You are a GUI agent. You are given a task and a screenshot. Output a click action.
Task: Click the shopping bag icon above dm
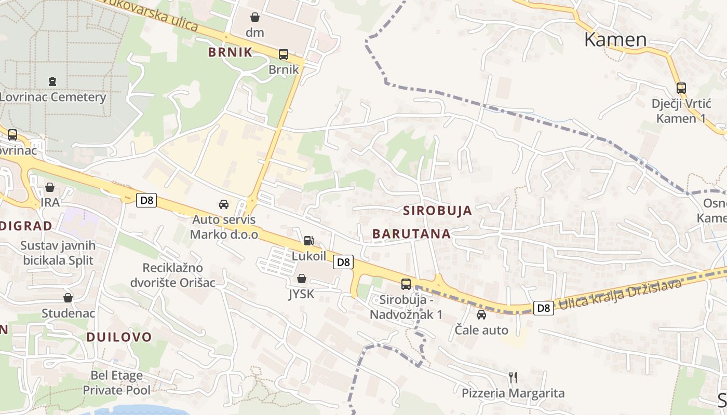point(255,17)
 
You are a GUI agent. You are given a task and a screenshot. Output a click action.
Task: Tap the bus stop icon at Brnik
point(284,54)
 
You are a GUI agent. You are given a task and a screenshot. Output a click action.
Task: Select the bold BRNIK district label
point(230,52)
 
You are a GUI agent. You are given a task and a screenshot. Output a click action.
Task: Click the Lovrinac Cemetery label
point(53,97)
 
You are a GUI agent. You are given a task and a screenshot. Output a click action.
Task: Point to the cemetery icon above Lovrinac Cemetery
point(52,81)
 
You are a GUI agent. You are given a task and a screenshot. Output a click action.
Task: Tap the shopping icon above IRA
point(50,187)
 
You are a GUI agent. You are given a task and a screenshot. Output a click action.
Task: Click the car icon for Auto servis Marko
point(224,204)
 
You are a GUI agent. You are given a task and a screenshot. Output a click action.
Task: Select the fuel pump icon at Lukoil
point(308,240)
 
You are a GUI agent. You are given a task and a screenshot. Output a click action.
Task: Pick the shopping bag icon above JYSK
point(301,279)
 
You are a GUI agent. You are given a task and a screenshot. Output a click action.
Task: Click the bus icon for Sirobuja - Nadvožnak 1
point(406,284)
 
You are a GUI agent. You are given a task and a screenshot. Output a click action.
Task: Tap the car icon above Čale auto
point(481,314)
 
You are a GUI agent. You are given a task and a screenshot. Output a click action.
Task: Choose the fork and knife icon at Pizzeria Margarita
point(513,377)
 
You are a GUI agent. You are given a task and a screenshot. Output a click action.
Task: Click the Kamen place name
point(615,39)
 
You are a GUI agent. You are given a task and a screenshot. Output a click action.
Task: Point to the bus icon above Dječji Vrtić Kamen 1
point(681,88)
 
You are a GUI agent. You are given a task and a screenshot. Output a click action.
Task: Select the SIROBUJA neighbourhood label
point(438,211)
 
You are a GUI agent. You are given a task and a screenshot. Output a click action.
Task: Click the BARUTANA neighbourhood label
point(411,234)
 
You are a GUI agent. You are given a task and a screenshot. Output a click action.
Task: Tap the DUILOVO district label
point(119,337)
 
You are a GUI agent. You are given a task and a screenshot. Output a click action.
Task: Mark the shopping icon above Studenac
point(68,298)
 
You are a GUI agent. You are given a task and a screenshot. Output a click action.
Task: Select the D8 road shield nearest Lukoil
point(344,262)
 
